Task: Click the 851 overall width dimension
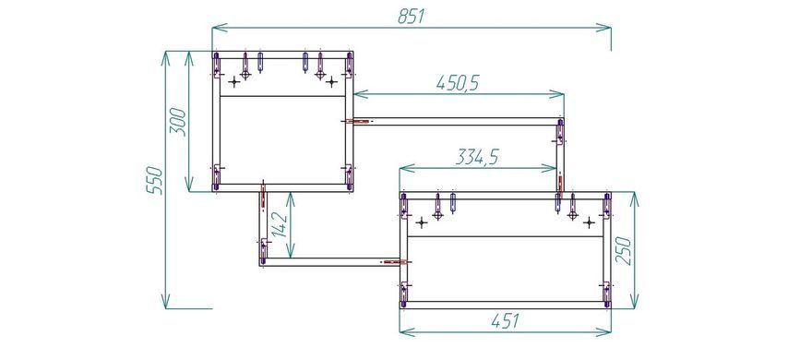[411, 17]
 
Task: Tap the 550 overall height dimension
[155, 180]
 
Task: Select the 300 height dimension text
[178, 122]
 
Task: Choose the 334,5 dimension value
[477, 157]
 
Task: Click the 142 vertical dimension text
[280, 224]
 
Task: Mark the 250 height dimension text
[624, 250]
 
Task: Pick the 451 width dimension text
[505, 321]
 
